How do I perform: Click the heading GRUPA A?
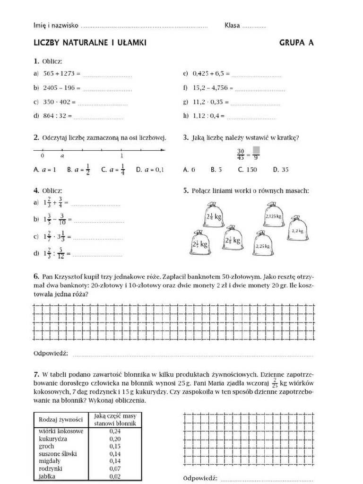click(x=296, y=43)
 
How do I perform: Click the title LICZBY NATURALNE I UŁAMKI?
click(x=90, y=43)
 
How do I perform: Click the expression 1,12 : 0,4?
click(x=209, y=116)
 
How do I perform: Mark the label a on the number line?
click(x=62, y=155)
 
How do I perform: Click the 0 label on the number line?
click(x=43, y=155)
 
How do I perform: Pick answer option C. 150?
click(x=247, y=169)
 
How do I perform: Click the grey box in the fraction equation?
click(x=256, y=150)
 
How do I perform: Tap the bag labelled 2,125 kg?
click(x=273, y=216)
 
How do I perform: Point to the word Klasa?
click(x=232, y=26)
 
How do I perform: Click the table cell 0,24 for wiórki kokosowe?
click(x=115, y=431)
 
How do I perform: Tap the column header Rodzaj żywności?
click(x=61, y=419)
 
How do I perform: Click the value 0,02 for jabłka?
click(x=115, y=476)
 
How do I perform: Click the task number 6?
click(x=36, y=276)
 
